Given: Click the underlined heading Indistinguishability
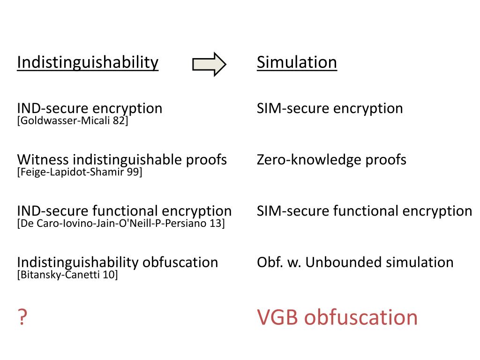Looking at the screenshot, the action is click(88, 62).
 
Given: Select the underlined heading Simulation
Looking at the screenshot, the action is click(297, 62).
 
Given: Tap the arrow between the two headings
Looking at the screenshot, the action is click(209, 64).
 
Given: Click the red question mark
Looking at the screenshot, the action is click(22, 318).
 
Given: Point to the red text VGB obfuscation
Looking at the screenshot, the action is click(337, 317).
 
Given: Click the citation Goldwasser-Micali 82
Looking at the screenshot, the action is click(73, 121).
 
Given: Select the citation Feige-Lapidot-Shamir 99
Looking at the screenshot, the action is click(80, 172).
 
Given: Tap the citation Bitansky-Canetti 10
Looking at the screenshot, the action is click(67, 274).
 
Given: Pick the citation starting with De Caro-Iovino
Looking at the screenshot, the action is click(121, 223).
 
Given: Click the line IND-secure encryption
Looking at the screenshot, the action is click(90, 108).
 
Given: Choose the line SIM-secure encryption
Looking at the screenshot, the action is click(330, 108).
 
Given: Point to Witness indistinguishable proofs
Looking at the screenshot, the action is click(122, 159).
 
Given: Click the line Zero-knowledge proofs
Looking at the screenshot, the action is click(331, 159).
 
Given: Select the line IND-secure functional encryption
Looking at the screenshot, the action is click(124, 210).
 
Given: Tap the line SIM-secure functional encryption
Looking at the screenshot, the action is click(364, 210).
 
